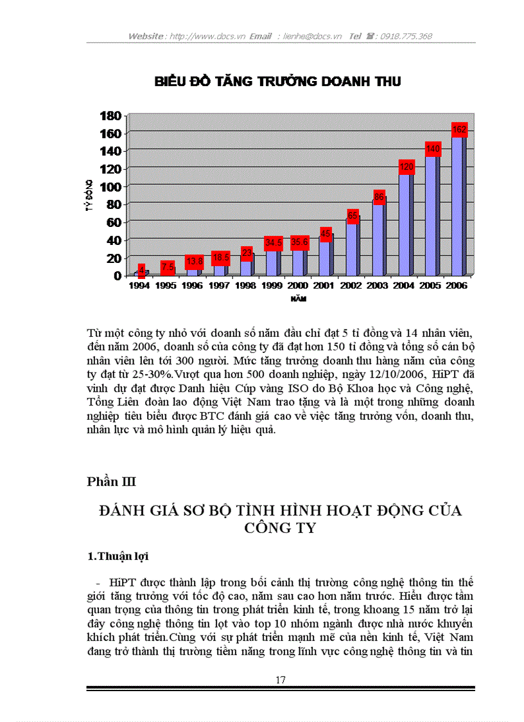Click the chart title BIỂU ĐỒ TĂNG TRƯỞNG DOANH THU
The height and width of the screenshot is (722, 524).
point(277,82)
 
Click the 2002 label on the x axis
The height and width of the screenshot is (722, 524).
point(351,286)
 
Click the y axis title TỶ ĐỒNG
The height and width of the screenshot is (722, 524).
point(91,196)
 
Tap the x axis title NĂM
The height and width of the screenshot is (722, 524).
point(297,299)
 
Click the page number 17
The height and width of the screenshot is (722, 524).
point(281,680)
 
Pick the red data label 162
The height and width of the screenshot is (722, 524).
point(459,130)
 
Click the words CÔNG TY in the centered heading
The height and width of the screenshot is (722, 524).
point(281,528)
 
